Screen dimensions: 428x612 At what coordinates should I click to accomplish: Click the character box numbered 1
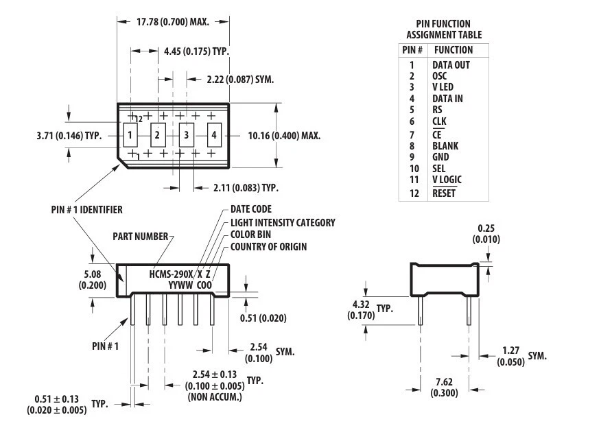pyautogui.click(x=130, y=135)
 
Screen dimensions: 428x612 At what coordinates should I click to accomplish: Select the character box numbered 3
pyautogui.click(x=185, y=135)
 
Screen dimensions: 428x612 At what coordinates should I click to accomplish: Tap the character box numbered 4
pyautogui.click(x=214, y=135)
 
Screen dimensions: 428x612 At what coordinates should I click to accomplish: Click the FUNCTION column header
pyautogui.click(x=453, y=50)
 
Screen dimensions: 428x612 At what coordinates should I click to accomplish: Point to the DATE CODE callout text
pyautogui.click(x=250, y=209)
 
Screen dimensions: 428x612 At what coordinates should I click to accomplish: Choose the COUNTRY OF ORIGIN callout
pyautogui.click(x=268, y=246)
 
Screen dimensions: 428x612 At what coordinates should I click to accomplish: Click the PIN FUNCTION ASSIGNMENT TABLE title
pyautogui.click(x=444, y=29)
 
